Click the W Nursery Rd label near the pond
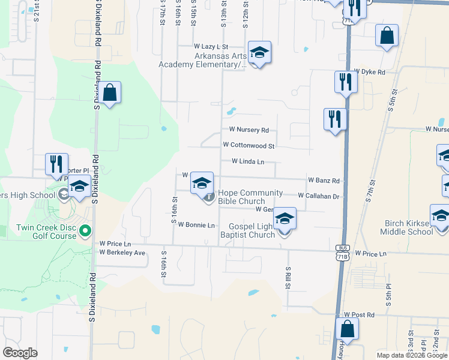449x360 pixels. point(249,130)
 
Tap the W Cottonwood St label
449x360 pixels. point(249,145)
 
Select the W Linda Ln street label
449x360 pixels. point(248,161)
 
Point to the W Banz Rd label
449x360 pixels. point(324,180)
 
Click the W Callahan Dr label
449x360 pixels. point(319,196)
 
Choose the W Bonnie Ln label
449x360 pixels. point(196,225)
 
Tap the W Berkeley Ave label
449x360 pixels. point(122,253)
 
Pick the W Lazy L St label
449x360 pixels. point(211,46)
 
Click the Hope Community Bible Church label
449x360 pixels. point(250,197)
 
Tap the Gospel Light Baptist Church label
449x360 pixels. point(253,230)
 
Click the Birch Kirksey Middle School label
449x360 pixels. point(408,227)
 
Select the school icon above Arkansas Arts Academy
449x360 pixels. point(259,53)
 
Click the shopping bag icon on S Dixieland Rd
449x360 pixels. point(109,93)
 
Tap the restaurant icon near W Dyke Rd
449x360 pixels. point(346,82)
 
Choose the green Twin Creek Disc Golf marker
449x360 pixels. point(85,230)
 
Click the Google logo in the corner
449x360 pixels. point(20,353)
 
